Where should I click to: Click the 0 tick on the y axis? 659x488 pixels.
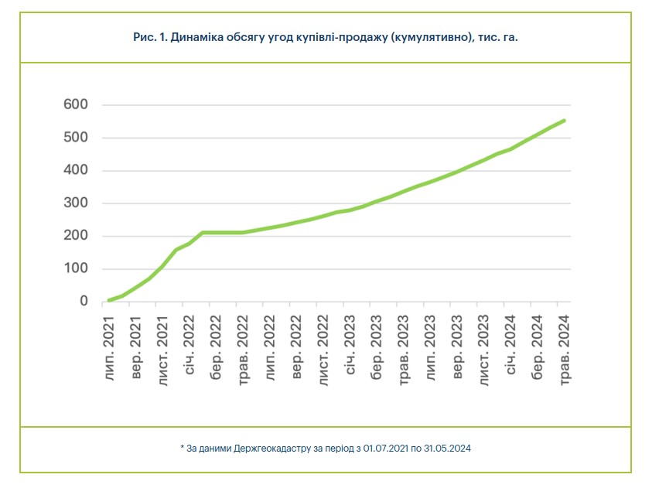click(x=84, y=302)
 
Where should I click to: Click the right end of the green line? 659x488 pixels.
click(x=564, y=121)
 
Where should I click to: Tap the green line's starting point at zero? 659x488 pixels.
click(x=109, y=301)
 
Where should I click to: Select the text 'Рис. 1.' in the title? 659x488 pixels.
click(x=151, y=36)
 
